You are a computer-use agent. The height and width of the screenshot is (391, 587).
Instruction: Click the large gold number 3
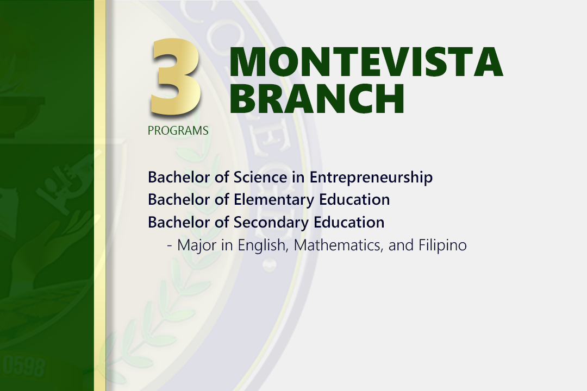(x=176, y=77)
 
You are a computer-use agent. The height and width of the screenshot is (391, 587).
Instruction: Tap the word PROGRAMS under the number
(x=178, y=130)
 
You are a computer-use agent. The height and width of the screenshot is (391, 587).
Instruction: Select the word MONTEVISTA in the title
(x=366, y=62)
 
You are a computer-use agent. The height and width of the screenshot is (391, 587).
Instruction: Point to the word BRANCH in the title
(x=317, y=98)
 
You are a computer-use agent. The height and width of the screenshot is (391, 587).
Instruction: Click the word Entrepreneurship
(x=371, y=178)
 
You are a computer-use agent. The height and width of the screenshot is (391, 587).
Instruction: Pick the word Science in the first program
(x=260, y=177)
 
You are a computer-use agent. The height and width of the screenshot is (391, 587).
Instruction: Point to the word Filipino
(x=442, y=245)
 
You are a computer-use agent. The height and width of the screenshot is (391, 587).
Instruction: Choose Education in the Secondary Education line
(x=349, y=222)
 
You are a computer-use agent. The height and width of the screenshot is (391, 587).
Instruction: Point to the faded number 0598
(x=23, y=366)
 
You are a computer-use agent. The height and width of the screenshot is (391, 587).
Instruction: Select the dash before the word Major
(x=170, y=246)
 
